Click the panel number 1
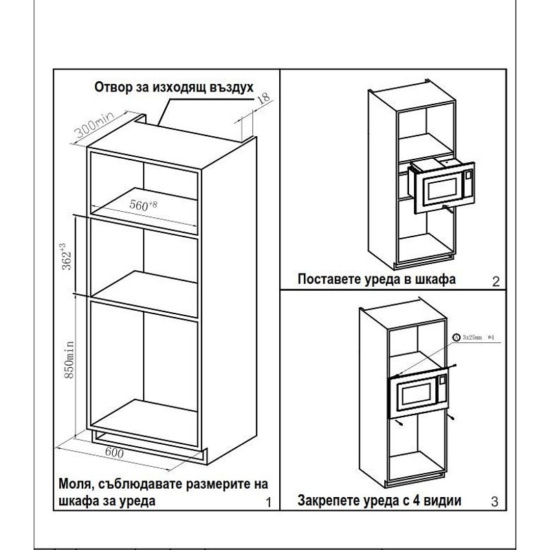click(268, 503)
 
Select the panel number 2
click(494, 280)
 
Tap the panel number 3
click(494, 503)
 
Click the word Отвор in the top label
click(114, 88)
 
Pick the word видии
click(443, 500)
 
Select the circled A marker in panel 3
click(456, 337)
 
